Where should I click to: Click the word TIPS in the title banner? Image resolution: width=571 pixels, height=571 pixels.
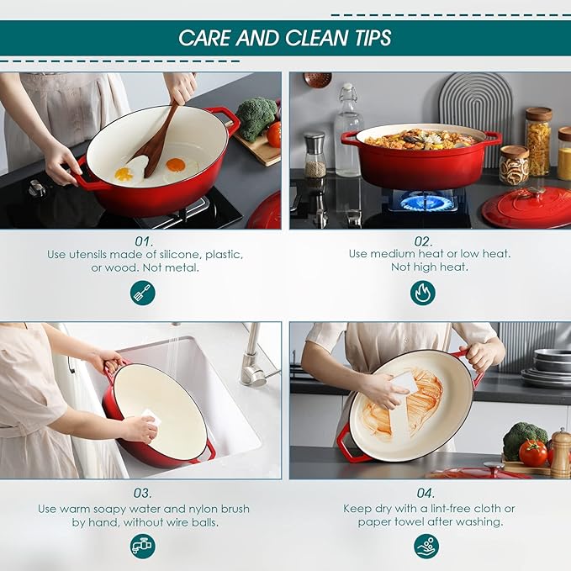[373, 38]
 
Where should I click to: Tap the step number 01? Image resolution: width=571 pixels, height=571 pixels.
[144, 241]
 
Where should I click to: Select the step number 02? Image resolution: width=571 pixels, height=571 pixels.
[423, 241]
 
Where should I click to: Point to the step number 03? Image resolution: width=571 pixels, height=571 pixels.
[143, 493]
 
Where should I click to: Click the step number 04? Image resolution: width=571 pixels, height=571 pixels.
[426, 493]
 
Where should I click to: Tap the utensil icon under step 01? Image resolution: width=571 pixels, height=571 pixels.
[143, 293]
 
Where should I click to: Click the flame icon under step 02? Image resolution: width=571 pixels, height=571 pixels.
[423, 293]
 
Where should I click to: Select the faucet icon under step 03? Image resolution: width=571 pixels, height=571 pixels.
[143, 547]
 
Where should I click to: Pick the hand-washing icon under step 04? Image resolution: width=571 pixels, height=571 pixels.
[426, 547]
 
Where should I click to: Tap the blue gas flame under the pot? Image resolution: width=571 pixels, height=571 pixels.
[422, 202]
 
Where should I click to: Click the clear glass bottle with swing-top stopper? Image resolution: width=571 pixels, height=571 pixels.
[348, 130]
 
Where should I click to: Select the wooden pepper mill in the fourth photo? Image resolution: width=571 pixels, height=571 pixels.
[560, 453]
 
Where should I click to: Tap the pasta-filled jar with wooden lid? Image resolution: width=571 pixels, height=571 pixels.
[538, 142]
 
